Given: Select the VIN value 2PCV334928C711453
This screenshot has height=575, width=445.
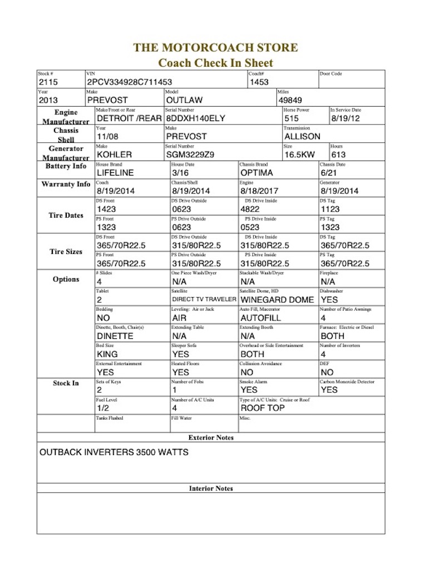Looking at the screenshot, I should coord(130,82).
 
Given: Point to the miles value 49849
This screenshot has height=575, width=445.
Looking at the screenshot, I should coord(291,101).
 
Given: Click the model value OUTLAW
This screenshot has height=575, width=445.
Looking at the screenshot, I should coord(184,101).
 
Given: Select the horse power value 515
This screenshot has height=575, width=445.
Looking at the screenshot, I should coord(291,118).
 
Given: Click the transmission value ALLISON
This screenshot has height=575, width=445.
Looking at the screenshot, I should coord(302,137).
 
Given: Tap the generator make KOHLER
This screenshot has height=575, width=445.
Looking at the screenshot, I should coord(114,155).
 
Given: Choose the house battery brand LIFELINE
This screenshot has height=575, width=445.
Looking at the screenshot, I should coord(115,173).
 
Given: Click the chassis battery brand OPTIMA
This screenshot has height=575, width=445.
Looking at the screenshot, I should coord(258,173).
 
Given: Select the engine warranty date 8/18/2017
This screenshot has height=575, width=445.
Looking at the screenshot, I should coord(260,191).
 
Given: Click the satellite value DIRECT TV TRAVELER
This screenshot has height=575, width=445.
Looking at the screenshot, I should coord(204,300).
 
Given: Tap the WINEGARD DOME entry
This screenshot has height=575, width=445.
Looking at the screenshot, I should coord(277,300).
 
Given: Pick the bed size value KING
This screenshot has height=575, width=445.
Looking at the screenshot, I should coord(107,354).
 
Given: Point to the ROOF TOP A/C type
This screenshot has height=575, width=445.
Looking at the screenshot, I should coord(262,408).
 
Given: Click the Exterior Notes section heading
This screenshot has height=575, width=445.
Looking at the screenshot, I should coord(211,438).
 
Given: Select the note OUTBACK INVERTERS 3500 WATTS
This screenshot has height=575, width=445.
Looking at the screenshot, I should coord(113,452).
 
